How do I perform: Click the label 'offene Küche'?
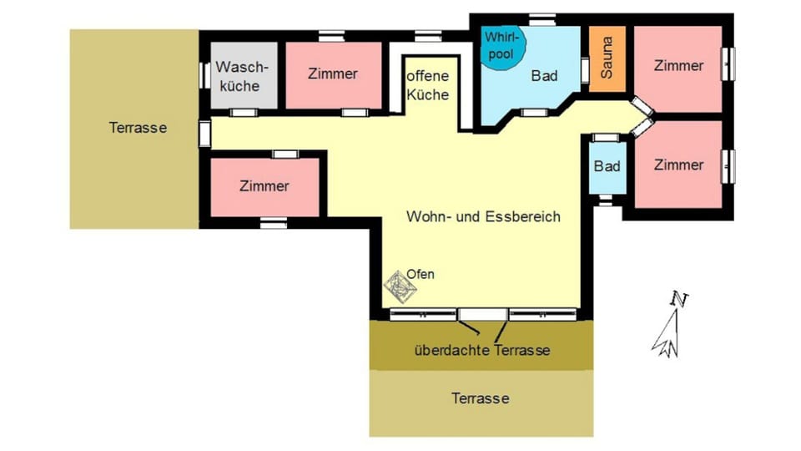pyautogui.click(x=428, y=85)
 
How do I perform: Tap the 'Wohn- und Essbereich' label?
pyautogui.click(x=482, y=216)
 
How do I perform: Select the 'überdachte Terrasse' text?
pyautogui.click(x=481, y=350)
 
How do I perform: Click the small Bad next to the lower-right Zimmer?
pyautogui.click(x=607, y=166)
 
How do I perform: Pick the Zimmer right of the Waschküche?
pyautogui.click(x=333, y=73)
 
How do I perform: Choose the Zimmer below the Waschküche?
pyautogui.click(x=264, y=185)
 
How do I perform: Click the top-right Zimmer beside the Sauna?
pyautogui.click(x=678, y=65)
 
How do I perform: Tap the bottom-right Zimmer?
pyautogui.click(x=678, y=165)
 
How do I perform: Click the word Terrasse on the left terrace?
pyautogui.click(x=138, y=128)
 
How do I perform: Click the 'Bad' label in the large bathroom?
pyautogui.click(x=544, y=75)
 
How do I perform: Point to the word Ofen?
pyautogui.click(x=421, y=273)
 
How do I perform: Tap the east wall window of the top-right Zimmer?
pyautogui.click(x=728, y=63)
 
